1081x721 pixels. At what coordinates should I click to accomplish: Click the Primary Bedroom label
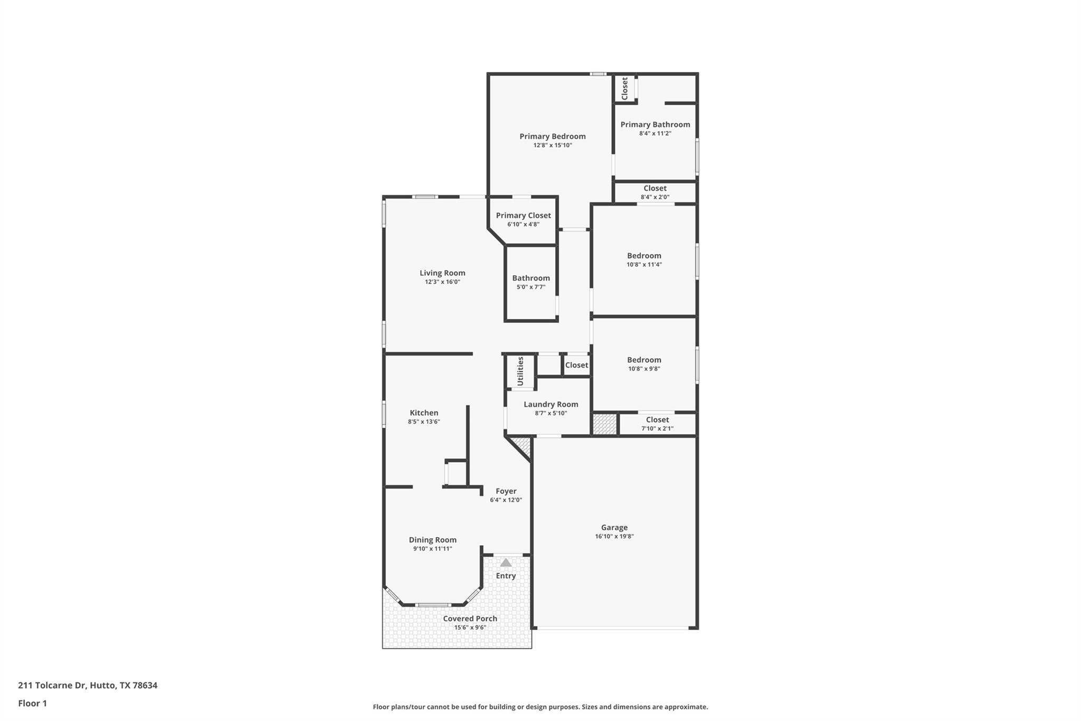click(x=552, y=136)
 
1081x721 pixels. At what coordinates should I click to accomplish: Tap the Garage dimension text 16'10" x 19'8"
click(x=614, y=536)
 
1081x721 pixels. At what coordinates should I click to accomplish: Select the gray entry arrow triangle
click(x=506, y=563)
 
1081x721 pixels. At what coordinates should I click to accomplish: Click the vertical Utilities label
click(x=520, y=371)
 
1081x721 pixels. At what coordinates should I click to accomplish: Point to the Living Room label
click(x=442, y=273)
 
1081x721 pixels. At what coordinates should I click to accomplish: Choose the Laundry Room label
click(x=551, y=404)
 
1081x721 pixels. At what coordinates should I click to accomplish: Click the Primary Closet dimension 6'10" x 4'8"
click(x=523, y=224)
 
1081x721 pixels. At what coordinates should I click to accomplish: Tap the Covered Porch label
click(x=470, y=619)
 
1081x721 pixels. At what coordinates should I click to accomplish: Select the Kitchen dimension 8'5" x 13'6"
click(x=423, y=422)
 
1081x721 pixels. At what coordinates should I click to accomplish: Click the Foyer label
click(x=506, y=491)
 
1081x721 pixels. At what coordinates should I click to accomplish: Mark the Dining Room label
click(x=432, y=540)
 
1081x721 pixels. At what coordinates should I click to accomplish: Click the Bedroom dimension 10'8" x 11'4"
click(x=644, y=265)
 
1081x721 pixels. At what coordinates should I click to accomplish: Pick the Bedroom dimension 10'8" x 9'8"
click(x=644, y=369)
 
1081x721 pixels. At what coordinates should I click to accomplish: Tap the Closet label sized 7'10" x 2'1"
click(x=657, y=420)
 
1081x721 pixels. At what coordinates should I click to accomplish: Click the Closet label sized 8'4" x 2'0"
click(x=655, y=188)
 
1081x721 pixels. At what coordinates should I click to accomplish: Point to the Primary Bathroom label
click(x=655, y=125)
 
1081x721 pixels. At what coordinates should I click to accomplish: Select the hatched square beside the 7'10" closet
click(x=604, y=424)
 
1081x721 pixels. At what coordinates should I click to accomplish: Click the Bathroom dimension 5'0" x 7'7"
click(x=530, y=287)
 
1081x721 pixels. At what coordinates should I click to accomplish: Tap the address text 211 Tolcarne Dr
click(x=52, y=685)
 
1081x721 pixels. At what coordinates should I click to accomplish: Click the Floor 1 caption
click(x=33, y=703)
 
